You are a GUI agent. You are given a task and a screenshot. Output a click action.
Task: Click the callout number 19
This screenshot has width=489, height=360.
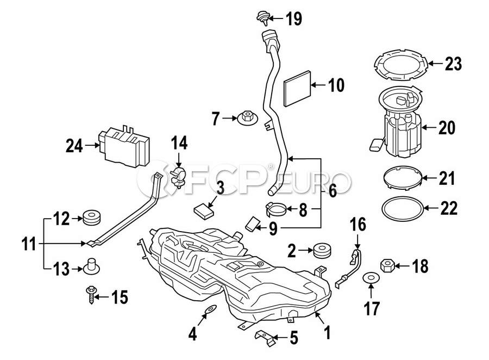click(x=294, y=18)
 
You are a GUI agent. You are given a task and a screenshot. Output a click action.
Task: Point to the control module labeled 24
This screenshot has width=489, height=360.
click(x=124, y=146)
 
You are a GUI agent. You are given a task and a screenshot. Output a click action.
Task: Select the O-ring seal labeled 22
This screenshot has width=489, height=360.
click(x=402, y=209)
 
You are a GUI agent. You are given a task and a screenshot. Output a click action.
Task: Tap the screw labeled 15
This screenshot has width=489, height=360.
click(x=90, y=295)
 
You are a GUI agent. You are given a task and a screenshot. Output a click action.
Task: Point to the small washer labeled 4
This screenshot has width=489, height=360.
click(x=210, y=310)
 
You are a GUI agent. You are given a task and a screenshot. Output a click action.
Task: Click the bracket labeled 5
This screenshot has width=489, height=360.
click(x=265, y=338)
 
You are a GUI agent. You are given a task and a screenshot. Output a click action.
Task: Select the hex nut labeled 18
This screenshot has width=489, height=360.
click(x=387, y=266)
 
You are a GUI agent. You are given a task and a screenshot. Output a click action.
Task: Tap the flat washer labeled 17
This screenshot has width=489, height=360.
click(x=371, y=277)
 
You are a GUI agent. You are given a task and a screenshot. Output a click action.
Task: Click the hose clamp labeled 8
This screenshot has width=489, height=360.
click(x=277, y=209)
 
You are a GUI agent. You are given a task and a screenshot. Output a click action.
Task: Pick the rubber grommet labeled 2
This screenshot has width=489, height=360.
click(x=322, y=250)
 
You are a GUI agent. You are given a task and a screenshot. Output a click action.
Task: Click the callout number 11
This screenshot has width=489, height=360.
click(x=29, y=244)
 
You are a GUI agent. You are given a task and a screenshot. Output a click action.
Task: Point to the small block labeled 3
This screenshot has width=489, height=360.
click(x=204, y=210)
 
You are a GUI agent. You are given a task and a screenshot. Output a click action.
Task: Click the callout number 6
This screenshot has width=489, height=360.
click(x=333, y=191)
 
